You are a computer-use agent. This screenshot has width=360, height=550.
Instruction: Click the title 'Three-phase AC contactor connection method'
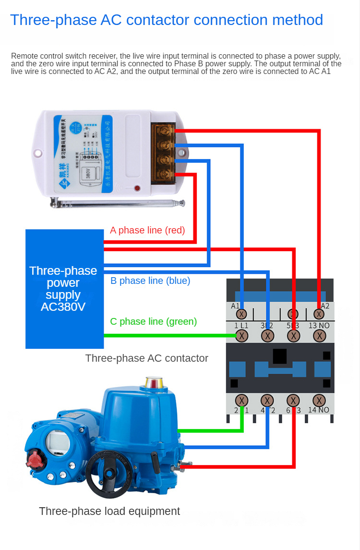point(166,20)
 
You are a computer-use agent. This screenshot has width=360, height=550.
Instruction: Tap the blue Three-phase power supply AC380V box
point(64,289)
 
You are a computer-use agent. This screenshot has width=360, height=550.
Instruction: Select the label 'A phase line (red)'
point(147,231)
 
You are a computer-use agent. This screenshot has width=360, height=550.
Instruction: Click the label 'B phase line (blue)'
point(150,281)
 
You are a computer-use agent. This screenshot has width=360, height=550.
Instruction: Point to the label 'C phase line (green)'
point(153,321)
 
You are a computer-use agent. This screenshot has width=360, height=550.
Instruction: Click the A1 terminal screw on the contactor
point(242,314)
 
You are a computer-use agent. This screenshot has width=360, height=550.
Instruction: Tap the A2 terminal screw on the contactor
point(319,314)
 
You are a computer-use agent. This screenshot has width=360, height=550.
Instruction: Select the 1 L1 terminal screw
point(242,336)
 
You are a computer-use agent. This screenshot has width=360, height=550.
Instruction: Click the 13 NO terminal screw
point(319,336)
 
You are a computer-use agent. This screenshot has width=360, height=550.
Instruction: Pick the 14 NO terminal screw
point(319,400)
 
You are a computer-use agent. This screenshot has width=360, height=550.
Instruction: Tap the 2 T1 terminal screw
point(242,400)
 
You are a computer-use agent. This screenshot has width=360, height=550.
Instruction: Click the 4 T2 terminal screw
point(267,400)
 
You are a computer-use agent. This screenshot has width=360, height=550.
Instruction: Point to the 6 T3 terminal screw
point(293,400)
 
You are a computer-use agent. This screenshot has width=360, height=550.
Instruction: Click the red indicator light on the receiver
point(137,188)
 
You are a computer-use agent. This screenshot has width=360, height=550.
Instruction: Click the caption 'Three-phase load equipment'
point(109,511)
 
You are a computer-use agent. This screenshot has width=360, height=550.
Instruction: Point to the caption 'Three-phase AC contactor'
point(146,358)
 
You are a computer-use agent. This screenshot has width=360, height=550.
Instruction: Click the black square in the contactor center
point(280,356)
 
